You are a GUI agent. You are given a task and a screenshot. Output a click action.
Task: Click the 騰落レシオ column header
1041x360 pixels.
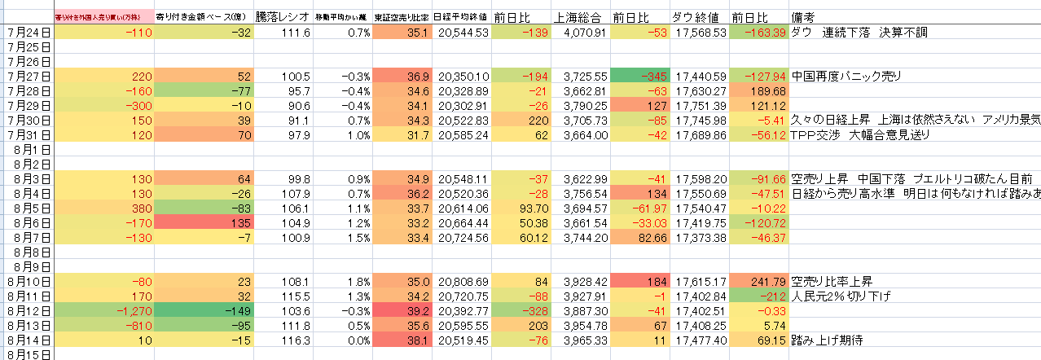point(283,17)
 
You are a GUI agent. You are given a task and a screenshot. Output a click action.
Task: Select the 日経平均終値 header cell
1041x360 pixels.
point(460,17)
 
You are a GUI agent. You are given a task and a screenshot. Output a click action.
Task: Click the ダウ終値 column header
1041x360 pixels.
point(698,17)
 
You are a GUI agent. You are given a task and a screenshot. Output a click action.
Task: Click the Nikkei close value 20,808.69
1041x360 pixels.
point(463,281)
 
